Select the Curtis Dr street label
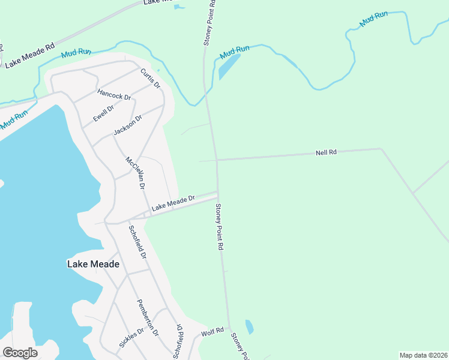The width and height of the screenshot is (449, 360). pyautogui.click(x=151, y=79)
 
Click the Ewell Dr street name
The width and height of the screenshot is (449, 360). pyautogui.click(x=103, y=112)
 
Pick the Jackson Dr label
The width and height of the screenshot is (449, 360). pyautogui.click(x=127, y=126)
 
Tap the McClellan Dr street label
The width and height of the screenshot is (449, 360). pyautogui.click(x=135, y=173)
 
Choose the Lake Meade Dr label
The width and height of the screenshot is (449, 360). pyautogui.click(x=173, y=202)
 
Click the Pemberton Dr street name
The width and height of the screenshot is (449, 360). pyautogui.click(x=148, y=317)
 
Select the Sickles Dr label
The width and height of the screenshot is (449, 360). pyautogui.click(x=131, y=338)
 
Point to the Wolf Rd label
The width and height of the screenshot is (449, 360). pyautogui.click(x=212, y=331)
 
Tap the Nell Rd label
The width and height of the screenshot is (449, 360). pyautogui.click(x=326, y=153)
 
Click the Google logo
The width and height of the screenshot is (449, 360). pyautogui.click(x=20, y=353)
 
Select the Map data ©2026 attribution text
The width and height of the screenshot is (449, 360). pyautogui.click(x=423, y=355)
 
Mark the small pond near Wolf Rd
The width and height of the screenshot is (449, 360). pyautogui.click(x=249, y=327)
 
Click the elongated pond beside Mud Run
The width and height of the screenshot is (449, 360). pyautogui.click(x=229, y=67)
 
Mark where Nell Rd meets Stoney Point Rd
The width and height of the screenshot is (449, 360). pyautogui.click(x=216, y=160)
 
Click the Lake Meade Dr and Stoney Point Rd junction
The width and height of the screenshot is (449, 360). pyautogui.click(x=217, y=193)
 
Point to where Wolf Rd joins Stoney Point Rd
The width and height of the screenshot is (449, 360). pyautogui.click(x=229, y=328)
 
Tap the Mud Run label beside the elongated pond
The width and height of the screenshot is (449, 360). pyautogui.click(x=234, y=52)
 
